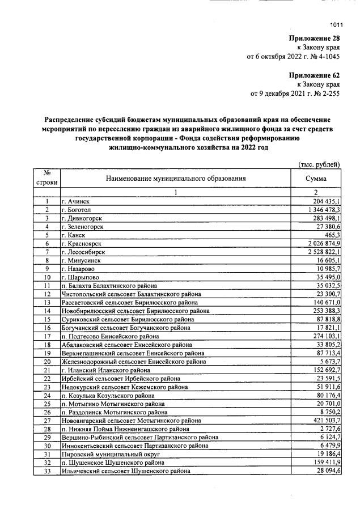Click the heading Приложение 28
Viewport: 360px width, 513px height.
point(314,38)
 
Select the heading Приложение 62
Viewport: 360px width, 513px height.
point(314,75)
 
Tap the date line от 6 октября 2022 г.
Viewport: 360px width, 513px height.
point(293,57)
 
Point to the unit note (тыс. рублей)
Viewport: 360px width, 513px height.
point(319,164)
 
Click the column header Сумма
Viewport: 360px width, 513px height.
point(316,178)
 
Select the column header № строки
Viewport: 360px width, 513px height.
point(46,178)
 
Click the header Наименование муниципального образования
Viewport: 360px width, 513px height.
point(176,178)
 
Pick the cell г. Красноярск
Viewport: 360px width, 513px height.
point(81,243)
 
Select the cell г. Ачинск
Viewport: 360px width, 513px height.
point(75,201)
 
